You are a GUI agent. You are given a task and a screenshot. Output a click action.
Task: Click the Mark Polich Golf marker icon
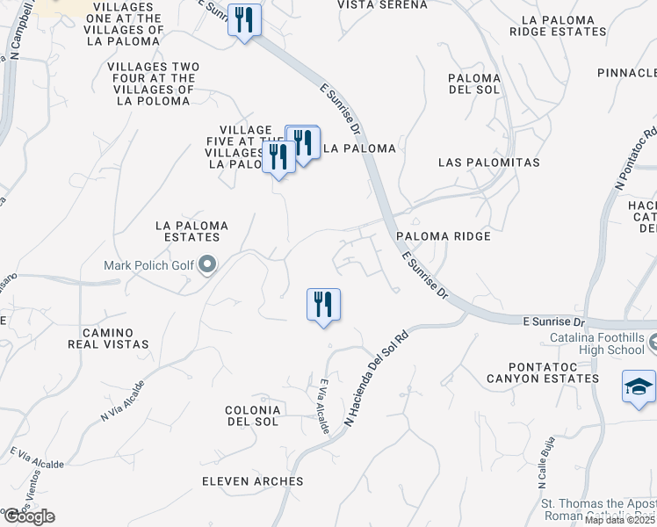tap(207, 264)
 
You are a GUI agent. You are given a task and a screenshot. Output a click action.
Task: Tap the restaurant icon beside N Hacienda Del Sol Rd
tap(323, 305)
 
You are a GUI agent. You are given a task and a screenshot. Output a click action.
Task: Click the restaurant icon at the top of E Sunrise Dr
tap(244, 19)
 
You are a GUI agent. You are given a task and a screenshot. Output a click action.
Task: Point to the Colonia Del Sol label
tap(252, 415)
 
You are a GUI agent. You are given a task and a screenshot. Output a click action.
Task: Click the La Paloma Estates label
tap(191, 231)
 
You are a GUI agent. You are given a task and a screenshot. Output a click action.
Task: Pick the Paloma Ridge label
tap(443, 236)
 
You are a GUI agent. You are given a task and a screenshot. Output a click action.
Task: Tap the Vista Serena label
tap(383, 5)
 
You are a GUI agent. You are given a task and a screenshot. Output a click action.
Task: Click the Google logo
tap(28, 516)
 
